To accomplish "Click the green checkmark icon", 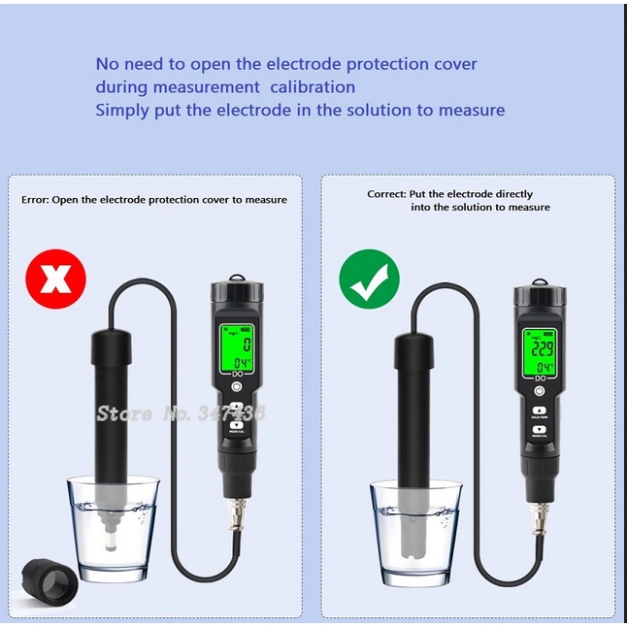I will coord(369,280).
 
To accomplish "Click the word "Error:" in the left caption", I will coord(35,200).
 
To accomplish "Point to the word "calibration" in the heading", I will coord(310,87).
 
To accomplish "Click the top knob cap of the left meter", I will coord(234,292).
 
